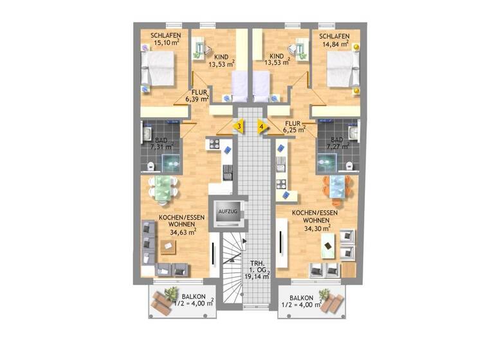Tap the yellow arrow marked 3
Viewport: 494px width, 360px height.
tap(239, 126)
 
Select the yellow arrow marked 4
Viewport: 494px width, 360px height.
tap(261, 126)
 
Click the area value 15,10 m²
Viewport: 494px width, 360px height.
tap(166, 44)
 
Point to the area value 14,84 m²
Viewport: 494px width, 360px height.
tap(334, 45)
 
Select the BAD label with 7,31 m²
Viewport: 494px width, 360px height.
tap(158, 142)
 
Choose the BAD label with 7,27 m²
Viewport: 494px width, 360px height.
tap(337, 143)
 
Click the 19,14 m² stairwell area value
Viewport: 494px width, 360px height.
tap(256, 277)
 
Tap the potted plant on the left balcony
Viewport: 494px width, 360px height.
tap(171, 294)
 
